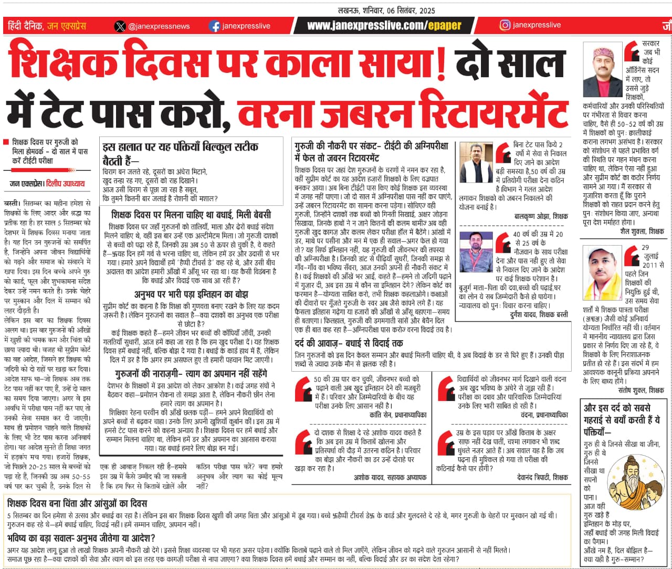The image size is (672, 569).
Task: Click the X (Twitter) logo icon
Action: [x=120, y=26]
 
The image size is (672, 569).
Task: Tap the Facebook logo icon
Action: [x=214, y=26]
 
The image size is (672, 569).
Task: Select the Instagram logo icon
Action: [x=505, y=25]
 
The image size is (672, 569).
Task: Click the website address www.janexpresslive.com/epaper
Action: [x=384, y=26]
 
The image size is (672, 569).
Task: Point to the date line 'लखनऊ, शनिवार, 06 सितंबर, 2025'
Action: [x=386, y=10]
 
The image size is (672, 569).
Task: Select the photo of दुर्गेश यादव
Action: [x=476, y=252]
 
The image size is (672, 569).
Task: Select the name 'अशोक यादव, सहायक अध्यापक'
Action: [x=390, y=477]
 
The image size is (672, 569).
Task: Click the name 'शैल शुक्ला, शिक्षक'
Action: [x=642, y=231]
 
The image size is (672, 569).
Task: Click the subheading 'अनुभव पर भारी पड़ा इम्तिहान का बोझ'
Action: [x=191, y=294]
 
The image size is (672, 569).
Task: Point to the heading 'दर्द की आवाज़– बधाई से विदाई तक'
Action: [x=349, y=343]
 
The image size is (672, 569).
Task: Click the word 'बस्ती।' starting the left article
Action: [x=13, y=203]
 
